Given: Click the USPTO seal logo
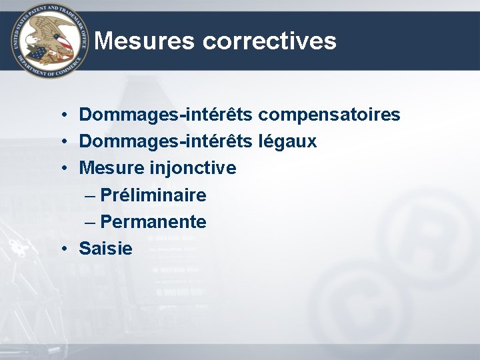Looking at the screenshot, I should [50, 41].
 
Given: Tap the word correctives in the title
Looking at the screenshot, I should [269, 41].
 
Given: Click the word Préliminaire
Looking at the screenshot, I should [153, 195].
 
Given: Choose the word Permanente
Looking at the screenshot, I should [153, 222].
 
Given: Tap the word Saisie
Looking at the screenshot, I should [105, 249].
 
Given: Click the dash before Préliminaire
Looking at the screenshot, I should [90, 196].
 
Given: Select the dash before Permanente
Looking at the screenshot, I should [90, 223].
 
